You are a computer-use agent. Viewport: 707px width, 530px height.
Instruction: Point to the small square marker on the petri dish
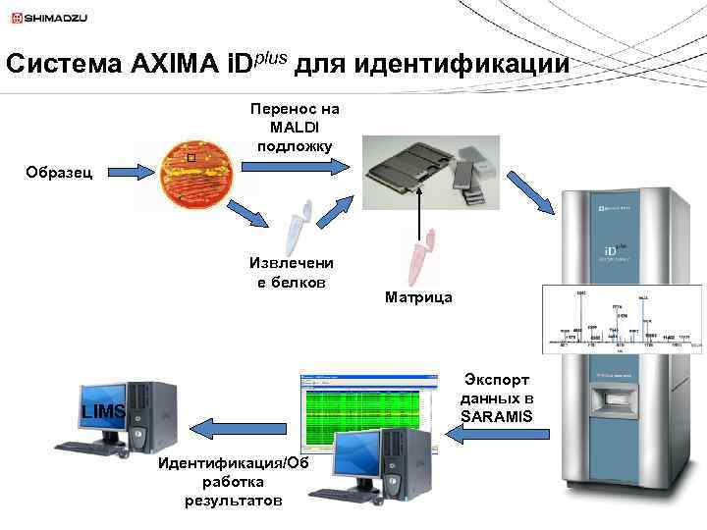[190, 158]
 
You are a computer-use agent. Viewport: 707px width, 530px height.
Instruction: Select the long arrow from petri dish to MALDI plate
[295, 168]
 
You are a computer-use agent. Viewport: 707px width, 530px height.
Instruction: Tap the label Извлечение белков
[291, 272]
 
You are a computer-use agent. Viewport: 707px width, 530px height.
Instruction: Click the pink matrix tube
[423, 257]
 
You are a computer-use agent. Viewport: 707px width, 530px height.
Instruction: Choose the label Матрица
[419, 296]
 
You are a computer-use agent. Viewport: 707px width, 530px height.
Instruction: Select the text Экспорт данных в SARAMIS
[497, 397]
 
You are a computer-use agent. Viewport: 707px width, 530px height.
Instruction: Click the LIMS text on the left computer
[103, 411]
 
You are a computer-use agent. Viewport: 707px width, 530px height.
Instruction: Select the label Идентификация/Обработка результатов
[233, 482]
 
